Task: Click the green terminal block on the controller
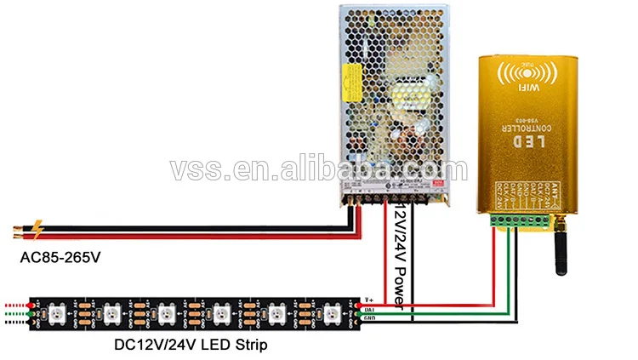tap(511, 222)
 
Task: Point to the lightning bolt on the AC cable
tap(38, 230)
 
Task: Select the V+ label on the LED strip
tap(368, 300)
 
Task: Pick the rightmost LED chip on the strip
tap(329, 311)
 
